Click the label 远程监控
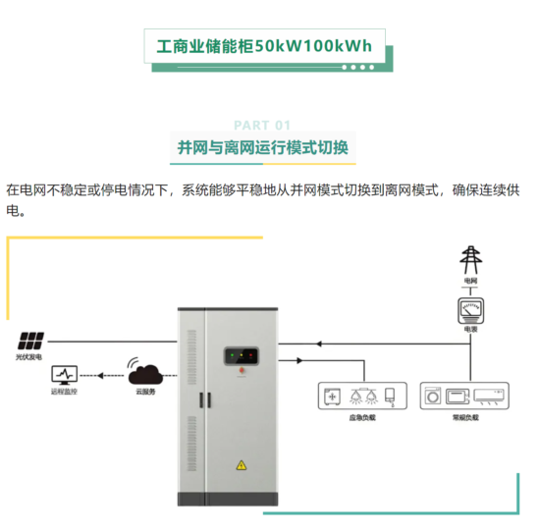(64, 391)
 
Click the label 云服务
(145, 391)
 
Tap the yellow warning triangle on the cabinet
(241, 465)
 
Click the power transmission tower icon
(472, 260)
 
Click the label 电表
(472, 331)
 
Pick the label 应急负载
(362, 416)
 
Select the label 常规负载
(465, 416)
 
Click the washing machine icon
(432, 396)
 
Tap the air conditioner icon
(493, 395)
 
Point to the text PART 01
(263, 125)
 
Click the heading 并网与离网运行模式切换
(262, 147)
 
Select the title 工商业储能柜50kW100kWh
(264, 46)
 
